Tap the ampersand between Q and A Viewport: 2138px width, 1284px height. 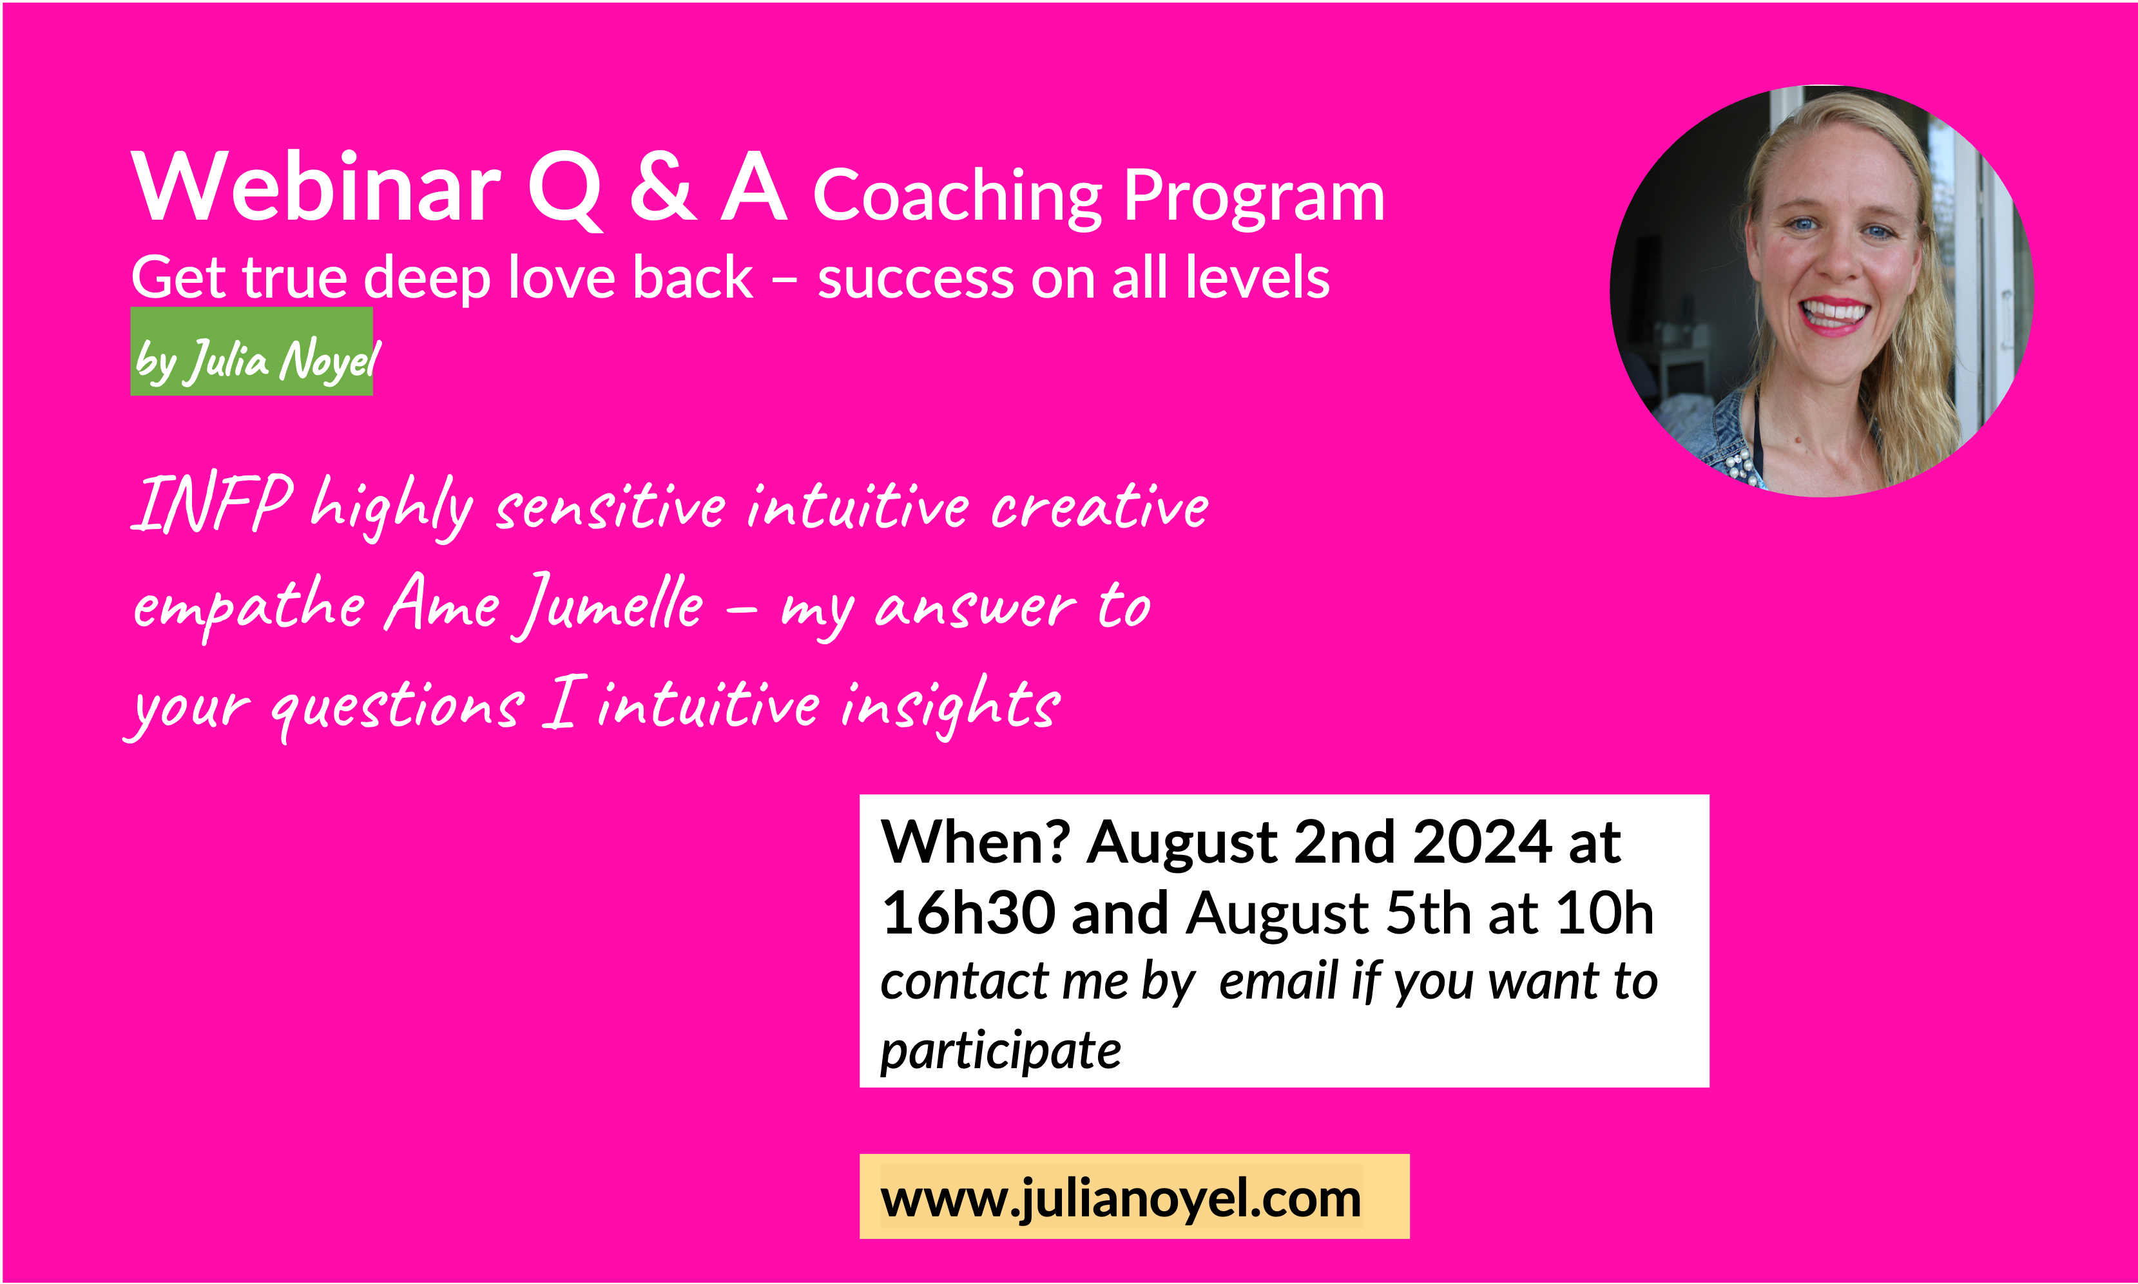pos(663,186)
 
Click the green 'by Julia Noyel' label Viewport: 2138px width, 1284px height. pos(252,351)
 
